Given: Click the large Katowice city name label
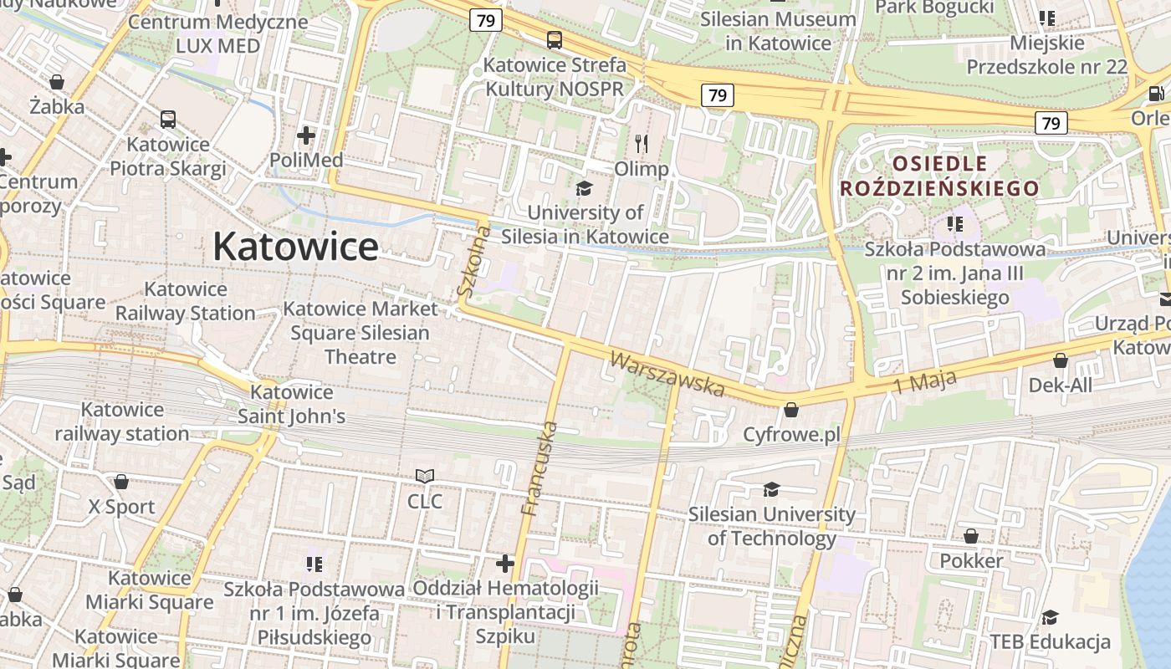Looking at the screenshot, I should (294, 247).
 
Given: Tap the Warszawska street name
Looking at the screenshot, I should (667, 374).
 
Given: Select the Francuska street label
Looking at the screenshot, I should (538, 468).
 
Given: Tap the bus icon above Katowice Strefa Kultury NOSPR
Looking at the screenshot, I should (554, 39).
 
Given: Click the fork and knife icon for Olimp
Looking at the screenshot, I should (642, 144).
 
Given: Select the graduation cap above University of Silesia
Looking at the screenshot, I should (584, 188).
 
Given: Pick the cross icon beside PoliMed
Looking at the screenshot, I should (306, 135).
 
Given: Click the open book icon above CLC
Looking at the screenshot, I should (425, 477).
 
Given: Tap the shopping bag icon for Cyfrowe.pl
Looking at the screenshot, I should (790, 411).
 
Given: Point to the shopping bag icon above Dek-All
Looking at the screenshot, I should (1060, 360).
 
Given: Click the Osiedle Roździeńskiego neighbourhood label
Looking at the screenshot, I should (938, 176).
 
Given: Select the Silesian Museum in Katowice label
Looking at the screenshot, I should (778, 31).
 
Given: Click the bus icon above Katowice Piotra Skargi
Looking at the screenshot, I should (168, 120).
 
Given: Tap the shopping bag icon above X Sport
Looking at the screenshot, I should (121, 482).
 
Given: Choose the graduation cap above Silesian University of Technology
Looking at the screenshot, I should (770, 489).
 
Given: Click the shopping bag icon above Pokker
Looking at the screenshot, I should (970, 536).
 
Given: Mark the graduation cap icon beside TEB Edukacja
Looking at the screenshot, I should (1050, 617).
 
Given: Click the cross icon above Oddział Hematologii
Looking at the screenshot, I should (505, 563).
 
